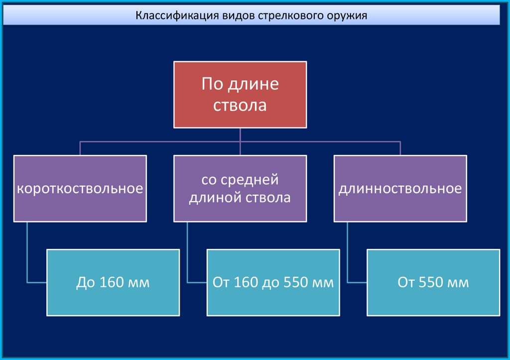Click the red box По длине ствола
(x=240, y=94)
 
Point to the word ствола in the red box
(x=240, y=106)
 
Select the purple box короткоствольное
(x=80, y=188)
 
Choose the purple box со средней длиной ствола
(x=240, y=188)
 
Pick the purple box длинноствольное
(x=400, y=188)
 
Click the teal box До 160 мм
(x=113, y=283)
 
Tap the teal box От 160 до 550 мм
(x=273, y=283)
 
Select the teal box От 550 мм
(x=433, y=283)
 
